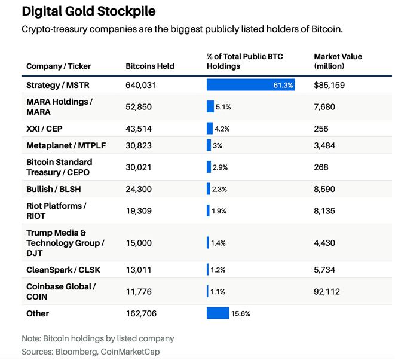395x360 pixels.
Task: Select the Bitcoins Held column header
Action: pyautogui.click(x=150, y=66)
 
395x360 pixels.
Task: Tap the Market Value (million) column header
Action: pyautogui.click(x=338, y=61)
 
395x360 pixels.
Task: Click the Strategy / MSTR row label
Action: pyautogui.click(x=57, y=85)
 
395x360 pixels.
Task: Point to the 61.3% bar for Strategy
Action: pyautogui.click(x=250, y=85)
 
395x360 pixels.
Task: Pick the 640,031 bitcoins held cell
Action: pyautogui.click(x=140, y=85)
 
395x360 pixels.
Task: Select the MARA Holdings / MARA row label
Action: pyautogui.click(x=59, y=106)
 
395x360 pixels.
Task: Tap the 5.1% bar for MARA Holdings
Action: pyautogui.click(x=210, y=106)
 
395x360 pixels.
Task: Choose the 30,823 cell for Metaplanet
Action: pyautogui.click(x=139, y=145)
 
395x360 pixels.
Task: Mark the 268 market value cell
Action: pyautogui.click(x=321, y=167)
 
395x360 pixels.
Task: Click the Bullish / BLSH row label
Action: pyautogui.click(x=53, y=189)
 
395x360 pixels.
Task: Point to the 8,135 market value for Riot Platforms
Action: pyautogui.click(x=324, y=210)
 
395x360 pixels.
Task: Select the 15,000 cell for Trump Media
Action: pyautogui.click(x=139, y=243)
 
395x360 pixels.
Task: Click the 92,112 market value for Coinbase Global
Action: pyautogui.click(x=326, y=291)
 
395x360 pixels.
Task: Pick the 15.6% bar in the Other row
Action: pyautogui.click(x=218, y=313)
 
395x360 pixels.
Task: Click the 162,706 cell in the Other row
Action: pyautogui.click(x=140, y=313)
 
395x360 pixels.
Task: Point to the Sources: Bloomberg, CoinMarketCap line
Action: pyautogui.click(x=90, y=352)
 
